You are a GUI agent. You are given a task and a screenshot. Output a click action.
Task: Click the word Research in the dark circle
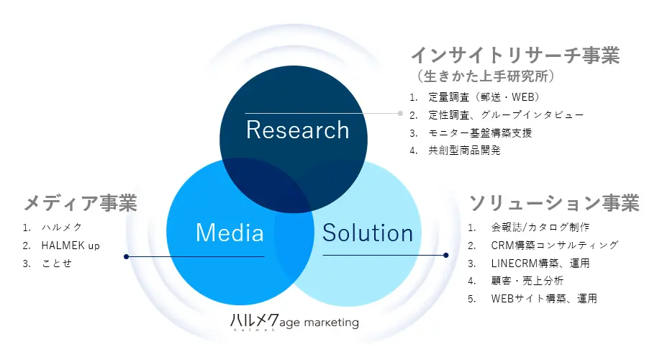pos(298,130)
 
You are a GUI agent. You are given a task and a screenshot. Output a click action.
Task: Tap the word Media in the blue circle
pos(230,233)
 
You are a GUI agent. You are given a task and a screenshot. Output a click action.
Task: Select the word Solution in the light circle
pos(367,233)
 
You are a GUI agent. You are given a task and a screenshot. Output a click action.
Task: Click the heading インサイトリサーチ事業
pos(515,55)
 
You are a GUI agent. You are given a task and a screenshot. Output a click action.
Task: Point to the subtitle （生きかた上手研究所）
pos(486,76)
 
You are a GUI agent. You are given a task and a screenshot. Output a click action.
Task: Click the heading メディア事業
pos(80,203)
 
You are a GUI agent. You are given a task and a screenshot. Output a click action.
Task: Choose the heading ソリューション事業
pos(554,203)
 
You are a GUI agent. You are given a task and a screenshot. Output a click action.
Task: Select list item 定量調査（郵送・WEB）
pos(484,97)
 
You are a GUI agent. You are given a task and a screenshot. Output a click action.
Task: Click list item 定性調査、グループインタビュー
pos(506,115)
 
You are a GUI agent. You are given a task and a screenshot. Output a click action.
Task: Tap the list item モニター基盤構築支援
pos(480,133)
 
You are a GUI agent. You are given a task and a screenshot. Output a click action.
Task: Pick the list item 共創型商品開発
pos(464,150)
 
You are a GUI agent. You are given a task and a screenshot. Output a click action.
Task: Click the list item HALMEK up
pos(71,246)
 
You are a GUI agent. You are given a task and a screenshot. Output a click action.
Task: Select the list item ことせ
pos(57,264)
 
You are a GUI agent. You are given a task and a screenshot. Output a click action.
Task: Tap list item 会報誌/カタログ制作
pos(540,228)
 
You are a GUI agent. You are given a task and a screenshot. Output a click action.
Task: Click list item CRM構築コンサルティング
pos(555,245)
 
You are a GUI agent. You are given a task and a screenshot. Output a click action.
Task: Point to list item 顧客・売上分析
pos(527,281)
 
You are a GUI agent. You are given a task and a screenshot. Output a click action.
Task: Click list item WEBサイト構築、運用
pos(544,299)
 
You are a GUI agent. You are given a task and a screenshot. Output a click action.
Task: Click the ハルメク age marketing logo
pos(294,322)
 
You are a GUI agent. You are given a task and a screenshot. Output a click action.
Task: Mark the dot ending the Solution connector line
pos(446,255)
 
